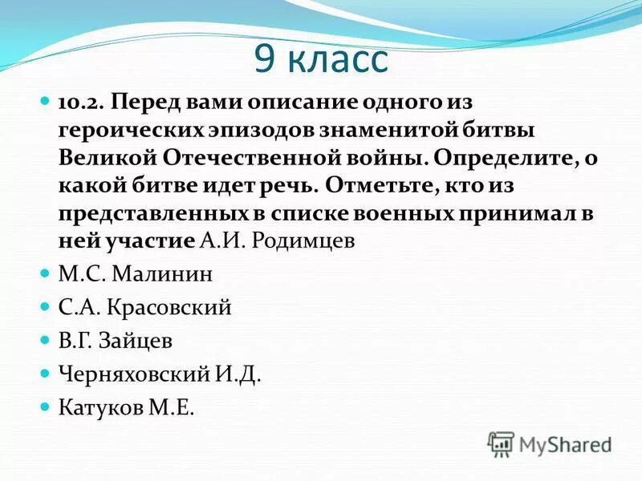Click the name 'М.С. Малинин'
pos(147,274)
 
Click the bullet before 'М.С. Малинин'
pos(45,274)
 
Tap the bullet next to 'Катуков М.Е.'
pos(45,407)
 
